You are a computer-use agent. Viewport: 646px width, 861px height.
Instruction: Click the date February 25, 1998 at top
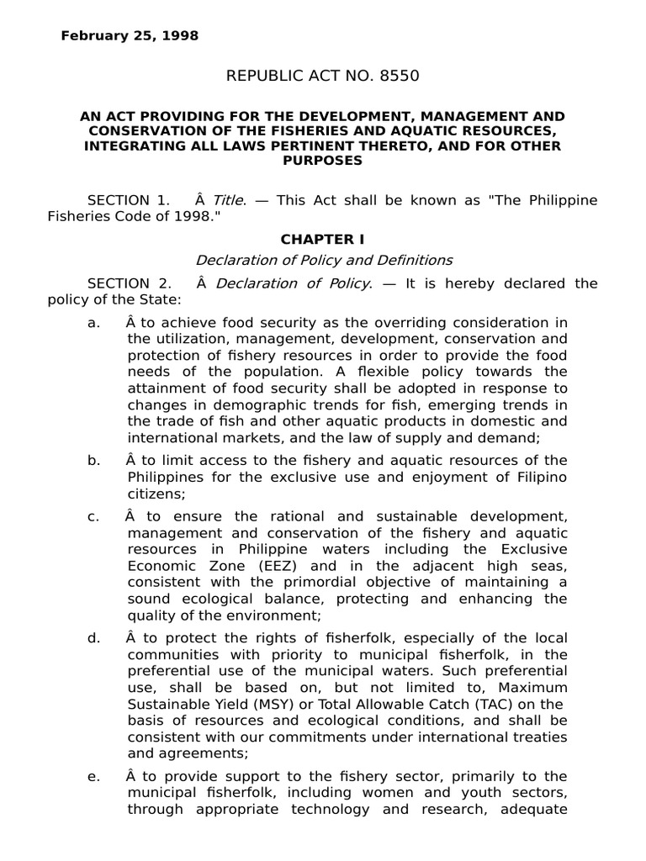click(130, 36)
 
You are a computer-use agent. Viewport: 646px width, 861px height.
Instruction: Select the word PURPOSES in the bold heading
click(323, 160)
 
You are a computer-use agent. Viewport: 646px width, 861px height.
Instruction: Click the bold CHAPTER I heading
click(323, 240)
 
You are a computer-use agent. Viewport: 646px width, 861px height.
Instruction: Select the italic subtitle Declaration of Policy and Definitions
click(323, 260)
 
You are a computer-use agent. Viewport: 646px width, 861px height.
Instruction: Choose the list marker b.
click(93, 461)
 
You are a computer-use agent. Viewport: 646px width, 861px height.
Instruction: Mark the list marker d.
click(93, 638)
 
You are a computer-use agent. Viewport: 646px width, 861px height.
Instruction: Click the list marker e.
click(93, 776)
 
